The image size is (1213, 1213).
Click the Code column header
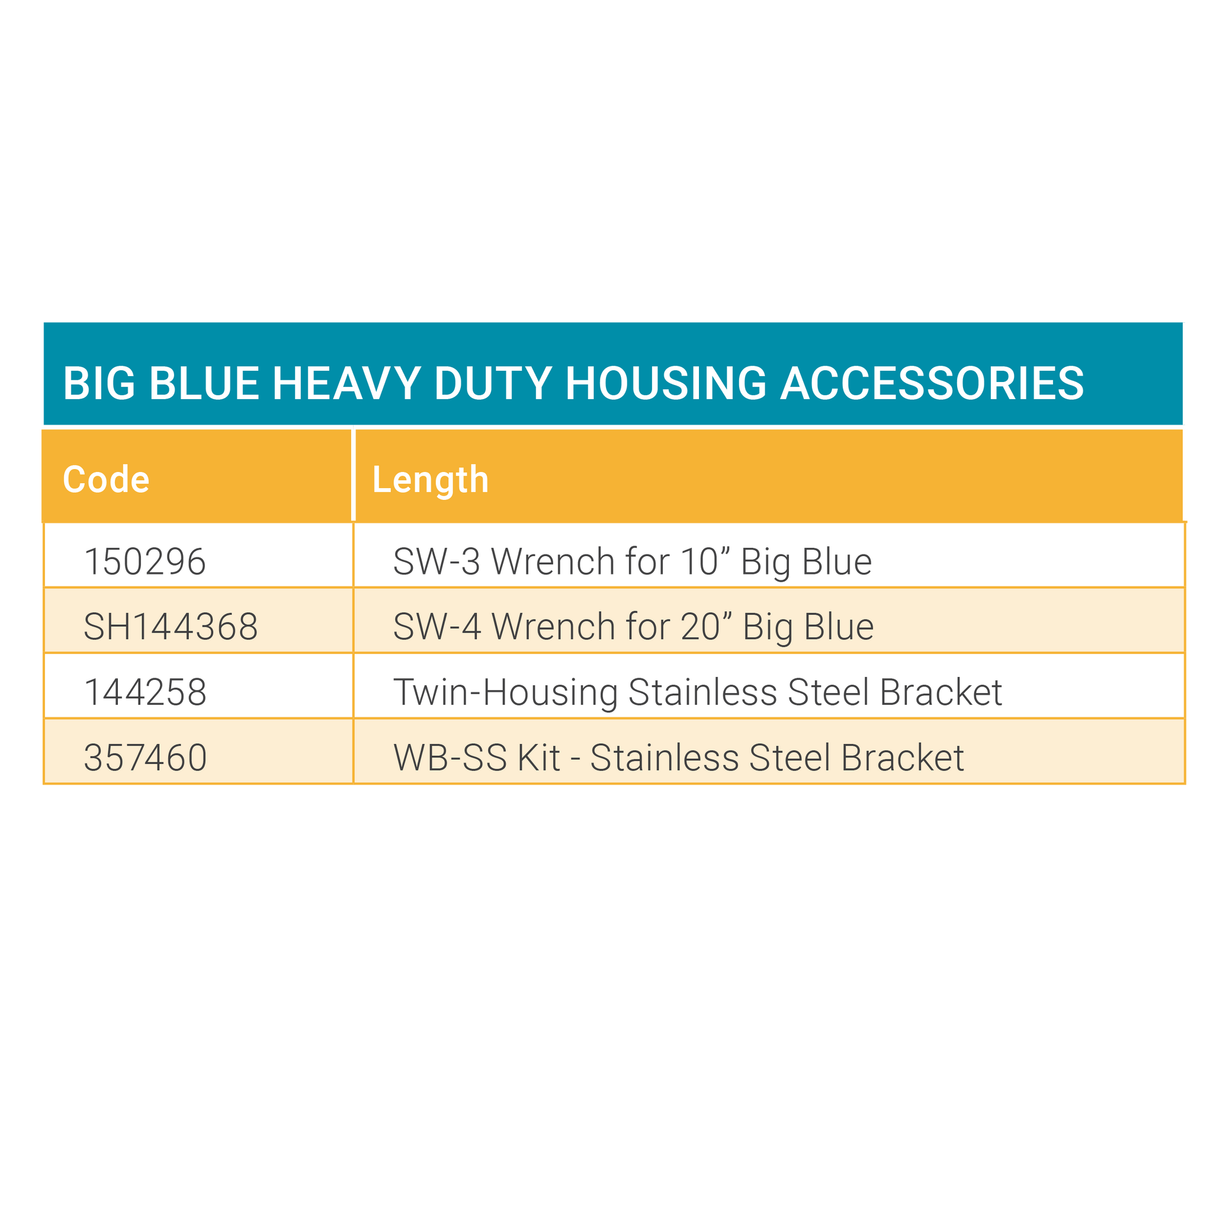pos(106,480)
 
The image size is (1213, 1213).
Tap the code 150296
pos(145,561)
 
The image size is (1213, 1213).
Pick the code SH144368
pos(171,627)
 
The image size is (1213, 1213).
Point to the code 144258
pos(146,692)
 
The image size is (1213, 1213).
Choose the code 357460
pos(146,757)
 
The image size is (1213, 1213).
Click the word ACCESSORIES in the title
pos(932,383)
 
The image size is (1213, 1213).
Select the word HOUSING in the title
pos(666,383)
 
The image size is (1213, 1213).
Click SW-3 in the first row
pos(437,561)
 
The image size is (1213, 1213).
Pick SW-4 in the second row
pos(438,627)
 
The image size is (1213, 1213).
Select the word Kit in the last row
pos(540,757)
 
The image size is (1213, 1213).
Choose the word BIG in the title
pos(99,383)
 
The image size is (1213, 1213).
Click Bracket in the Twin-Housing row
pos(941,692)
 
